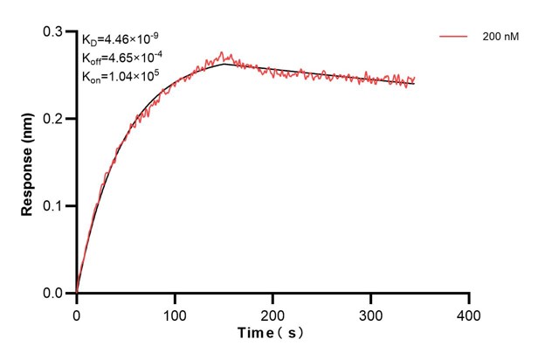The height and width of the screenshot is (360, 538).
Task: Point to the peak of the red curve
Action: (222, 52)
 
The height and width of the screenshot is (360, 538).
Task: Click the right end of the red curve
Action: (415, 80)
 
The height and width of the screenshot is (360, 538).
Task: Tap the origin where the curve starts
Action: (77, 294)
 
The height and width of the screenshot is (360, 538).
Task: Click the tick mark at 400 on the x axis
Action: (469, 298)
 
